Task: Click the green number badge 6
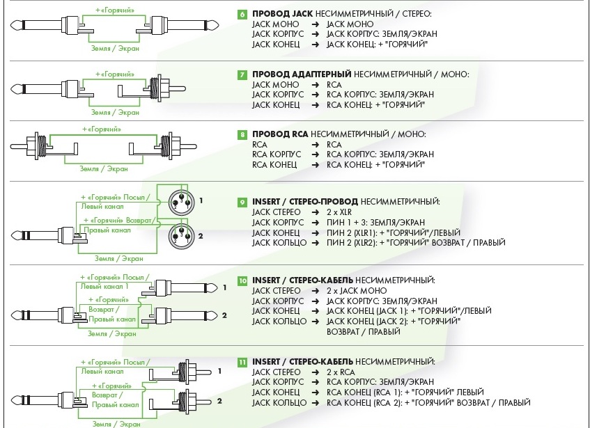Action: [x=242, y=14]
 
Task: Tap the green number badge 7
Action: [x=242, y=74]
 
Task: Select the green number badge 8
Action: [x=242, y=134]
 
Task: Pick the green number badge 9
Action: [x=242, y=202]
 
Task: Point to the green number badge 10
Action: [x=242, y=280]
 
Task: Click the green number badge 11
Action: [x=242, y=363]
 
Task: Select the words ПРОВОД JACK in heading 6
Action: [x=282, y=14]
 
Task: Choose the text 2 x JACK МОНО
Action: [x=356, y=290]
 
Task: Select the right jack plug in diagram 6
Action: [x=188, y=26]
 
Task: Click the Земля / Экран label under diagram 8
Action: [x=103, y=168]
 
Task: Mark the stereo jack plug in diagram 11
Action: [x=42, y=400]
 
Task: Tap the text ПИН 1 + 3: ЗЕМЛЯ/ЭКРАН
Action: [x=379, y=222]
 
